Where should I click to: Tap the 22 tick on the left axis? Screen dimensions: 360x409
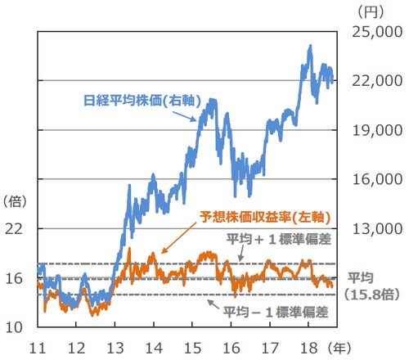click(15, 229)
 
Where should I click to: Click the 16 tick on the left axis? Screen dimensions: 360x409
click(15, 278)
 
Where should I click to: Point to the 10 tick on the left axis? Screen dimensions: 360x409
click(15, 328)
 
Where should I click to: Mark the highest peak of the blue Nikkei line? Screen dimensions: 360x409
click(309, 46)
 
